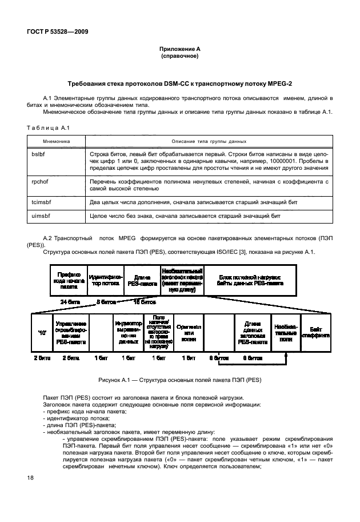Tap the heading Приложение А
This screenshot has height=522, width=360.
click(179, 50)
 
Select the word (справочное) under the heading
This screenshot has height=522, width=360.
click(179, 57)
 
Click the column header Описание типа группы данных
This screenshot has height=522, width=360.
click(209, 141)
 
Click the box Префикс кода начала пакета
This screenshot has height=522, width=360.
click(69, 280)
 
